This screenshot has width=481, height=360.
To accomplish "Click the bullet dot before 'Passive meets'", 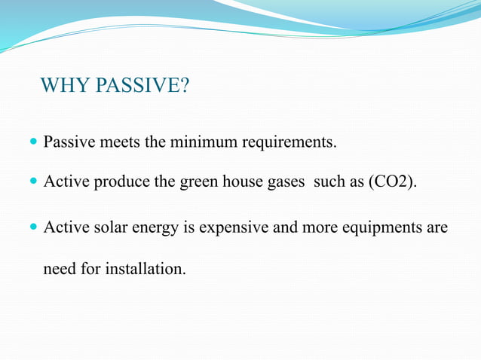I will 33,141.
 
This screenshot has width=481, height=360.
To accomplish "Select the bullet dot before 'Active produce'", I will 33,182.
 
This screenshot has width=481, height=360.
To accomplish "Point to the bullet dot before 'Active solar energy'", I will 33,226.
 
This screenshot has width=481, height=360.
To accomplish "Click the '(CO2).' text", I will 391,182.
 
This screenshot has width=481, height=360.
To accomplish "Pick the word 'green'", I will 199,183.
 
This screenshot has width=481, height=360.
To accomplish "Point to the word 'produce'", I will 118,183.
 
